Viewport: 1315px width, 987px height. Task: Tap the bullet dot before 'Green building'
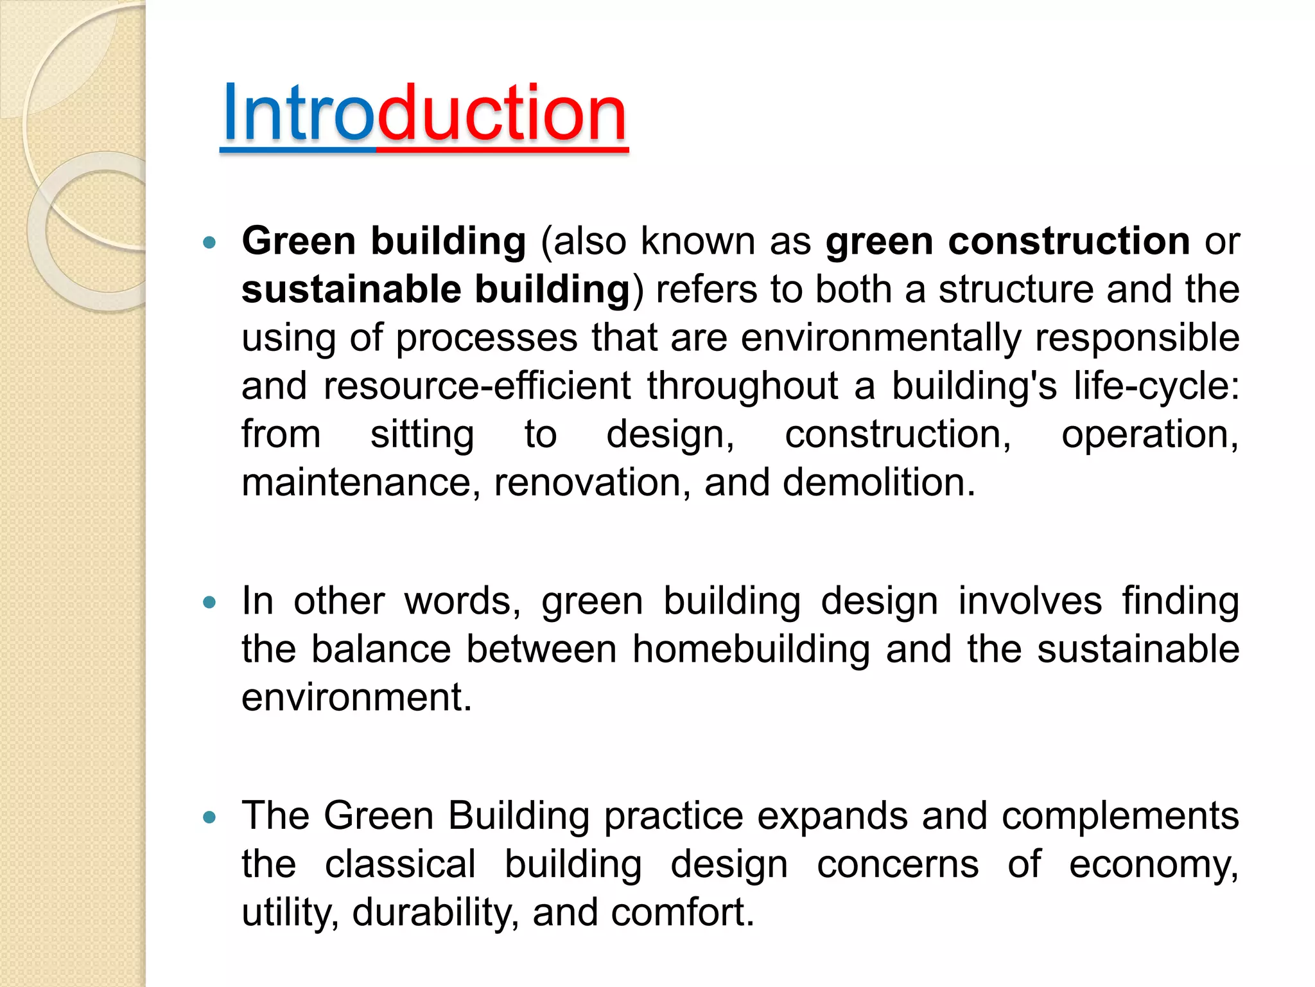[x=209, y=243]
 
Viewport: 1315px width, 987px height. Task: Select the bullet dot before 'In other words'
[x=209, y=603]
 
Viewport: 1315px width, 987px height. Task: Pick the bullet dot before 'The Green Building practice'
[x=209, y=817]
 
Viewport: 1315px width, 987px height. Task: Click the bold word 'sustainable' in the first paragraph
[x=351, y=289]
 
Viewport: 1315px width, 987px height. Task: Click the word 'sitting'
[x=422, y=434]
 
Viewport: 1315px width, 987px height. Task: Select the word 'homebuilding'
[x=751, y=649]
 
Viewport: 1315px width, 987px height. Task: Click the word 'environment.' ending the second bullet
[x=356, y=697]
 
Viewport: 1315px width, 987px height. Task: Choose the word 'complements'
[x=1120, y=816]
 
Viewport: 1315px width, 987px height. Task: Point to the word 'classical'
[x=400, y=864]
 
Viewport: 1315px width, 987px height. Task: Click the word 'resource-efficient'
[x=477, y=386]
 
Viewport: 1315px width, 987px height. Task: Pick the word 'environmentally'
[x=880, y=338]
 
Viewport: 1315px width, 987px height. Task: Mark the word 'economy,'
[x=1153, y=865]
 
